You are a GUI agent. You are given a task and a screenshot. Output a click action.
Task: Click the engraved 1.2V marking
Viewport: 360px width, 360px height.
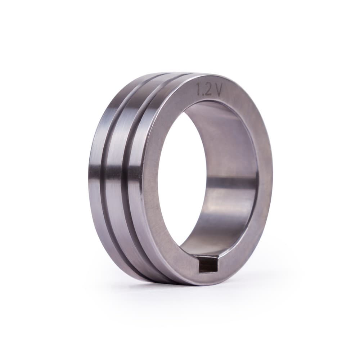208,90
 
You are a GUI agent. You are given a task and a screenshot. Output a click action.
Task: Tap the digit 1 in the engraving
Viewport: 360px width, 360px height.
197,89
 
